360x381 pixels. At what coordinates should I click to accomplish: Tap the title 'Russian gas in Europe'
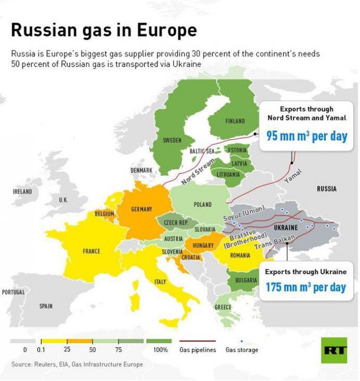pyautogui.click(x=104, y=30)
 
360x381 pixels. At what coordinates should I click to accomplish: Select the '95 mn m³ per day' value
pyautogui.click(x=307, y=136)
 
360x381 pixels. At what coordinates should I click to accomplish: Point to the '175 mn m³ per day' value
pyautogui.click(x=306, y=287)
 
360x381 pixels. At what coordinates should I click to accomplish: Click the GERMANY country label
pyautogui.click(x=141, y=209)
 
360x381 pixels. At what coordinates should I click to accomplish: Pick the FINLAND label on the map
pyautogui.click(x=235, y=121)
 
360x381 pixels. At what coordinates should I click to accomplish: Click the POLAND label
pyautogui.click(x=202, y=204)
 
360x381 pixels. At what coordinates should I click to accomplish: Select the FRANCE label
pyautogui.click(x=91, y=251)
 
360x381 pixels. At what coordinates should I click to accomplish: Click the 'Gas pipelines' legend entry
pyautogui.click(x=197, y=350)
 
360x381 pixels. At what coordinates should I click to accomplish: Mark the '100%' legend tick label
pyautogui.click(x=161, y=350)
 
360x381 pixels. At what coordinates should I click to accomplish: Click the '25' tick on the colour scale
pyautogui.click(x=67, y=350)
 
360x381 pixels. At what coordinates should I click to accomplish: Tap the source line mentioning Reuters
pyautogui.click(x=77, y=365)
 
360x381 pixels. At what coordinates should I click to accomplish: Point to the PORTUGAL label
pyautogui.click(x=13, y=292)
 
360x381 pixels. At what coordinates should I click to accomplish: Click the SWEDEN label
pyautogui.click(x=172, y=140)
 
